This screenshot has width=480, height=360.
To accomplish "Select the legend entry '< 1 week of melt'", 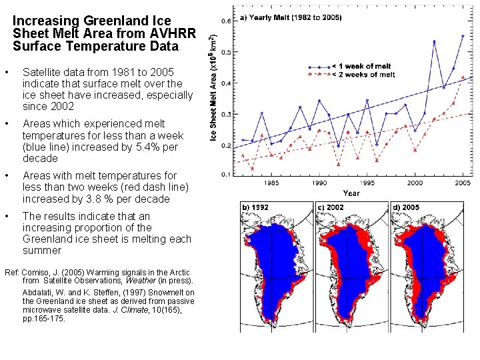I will (363, 66).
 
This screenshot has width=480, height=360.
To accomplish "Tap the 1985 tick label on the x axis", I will (271, 183).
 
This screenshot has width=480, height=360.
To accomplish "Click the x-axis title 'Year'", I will (351, 193).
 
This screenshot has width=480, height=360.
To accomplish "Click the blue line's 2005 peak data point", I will (463, 36).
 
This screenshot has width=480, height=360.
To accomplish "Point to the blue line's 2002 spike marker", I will (434, 41).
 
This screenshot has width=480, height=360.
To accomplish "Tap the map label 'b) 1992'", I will (255, 207).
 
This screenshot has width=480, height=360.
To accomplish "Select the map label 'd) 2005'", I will (406, 207).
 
